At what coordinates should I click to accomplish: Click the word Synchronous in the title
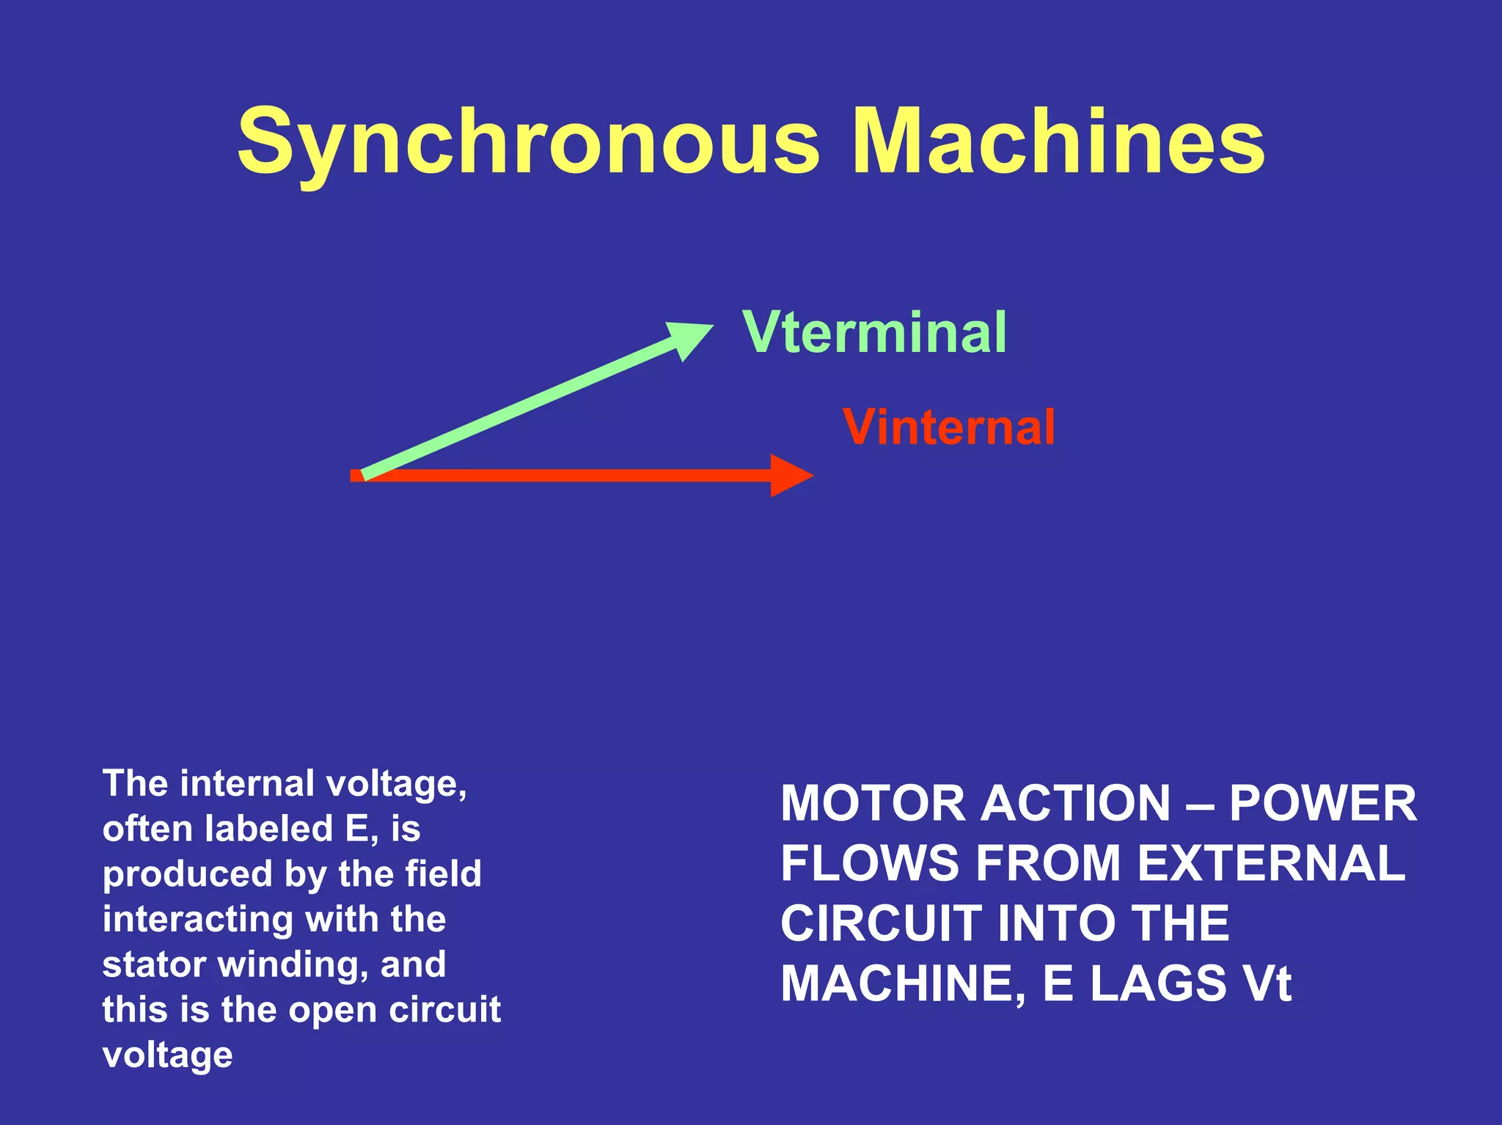tap(527, 143)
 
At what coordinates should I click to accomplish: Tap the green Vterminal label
tap(874, 333)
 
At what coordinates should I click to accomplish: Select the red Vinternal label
tap(948, 428)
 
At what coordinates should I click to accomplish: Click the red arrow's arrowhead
tap(791, 476)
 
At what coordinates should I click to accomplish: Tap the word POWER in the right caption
tap(1322, 804)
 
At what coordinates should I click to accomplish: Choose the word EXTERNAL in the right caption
tap(1271, 864)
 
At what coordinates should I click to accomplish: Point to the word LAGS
tap(1157, 984)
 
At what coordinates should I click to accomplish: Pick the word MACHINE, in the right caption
tap(903, 984)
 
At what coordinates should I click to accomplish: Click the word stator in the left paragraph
tap(153, 965)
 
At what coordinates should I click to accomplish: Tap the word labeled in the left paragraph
tap(268, 829)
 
